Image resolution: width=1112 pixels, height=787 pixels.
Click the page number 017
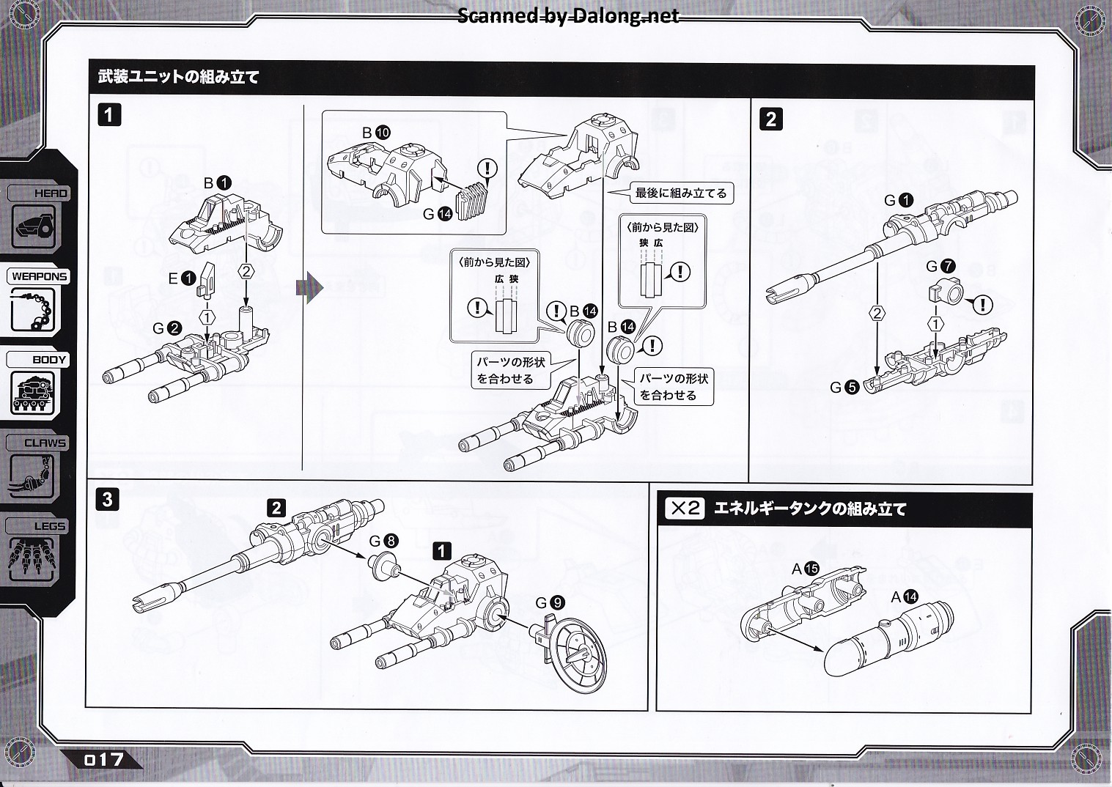104,759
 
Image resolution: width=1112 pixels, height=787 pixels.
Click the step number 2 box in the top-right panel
770,119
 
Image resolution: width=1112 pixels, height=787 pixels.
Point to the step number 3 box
108,500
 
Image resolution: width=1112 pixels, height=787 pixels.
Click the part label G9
550,602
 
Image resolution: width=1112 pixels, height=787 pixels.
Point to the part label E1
181,278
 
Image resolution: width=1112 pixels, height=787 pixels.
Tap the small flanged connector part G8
384,566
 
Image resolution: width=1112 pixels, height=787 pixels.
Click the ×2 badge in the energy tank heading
685,508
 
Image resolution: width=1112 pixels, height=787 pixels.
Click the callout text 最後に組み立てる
680,193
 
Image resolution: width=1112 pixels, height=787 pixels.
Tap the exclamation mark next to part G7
982,303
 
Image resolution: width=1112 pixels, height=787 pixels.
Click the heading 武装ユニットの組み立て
179,76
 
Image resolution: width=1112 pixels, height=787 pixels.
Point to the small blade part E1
206,279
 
